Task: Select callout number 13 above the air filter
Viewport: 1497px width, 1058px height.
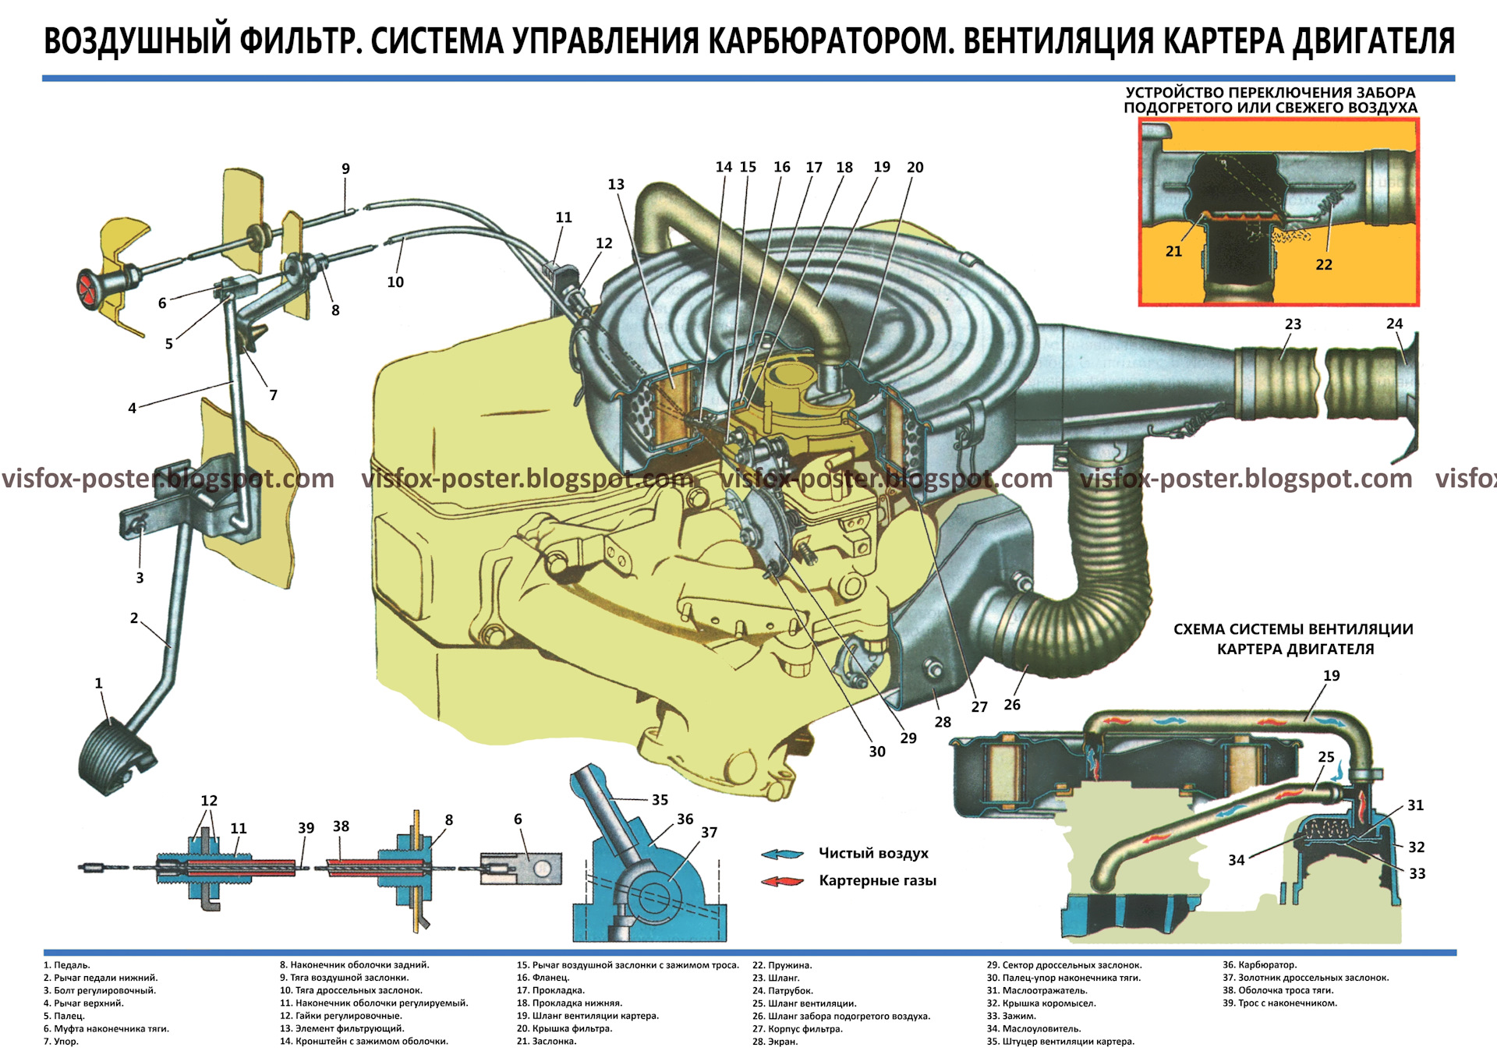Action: click(x=616, y=185)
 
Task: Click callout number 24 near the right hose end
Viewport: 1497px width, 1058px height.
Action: click(x=1394, y=324)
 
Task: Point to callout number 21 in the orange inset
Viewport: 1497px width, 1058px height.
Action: click(x=1173, y=251)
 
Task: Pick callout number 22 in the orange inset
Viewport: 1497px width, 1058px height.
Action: click(x=1324, y=264)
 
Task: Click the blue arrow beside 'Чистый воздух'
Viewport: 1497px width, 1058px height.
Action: click(x=782, y=854)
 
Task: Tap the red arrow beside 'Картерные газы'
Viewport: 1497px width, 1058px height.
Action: click(x=782, y=881)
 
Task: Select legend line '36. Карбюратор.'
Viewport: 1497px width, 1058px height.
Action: click(x=1259, y=965)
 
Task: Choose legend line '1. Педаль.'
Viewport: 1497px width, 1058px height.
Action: click(x=67, y=965)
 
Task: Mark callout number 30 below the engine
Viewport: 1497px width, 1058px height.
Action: click(x=877, y=752)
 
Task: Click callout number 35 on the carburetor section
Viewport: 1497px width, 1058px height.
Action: click(x=660, y=800)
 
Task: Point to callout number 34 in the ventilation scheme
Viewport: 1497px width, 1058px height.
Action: click(x=1237, y=860)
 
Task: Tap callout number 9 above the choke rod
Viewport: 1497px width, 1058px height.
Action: click(x=345, y=168)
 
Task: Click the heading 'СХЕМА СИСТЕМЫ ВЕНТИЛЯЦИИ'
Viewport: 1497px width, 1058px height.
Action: click(x=1293, y=629)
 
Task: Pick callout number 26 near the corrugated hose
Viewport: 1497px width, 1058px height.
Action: click(x=1012, y=705)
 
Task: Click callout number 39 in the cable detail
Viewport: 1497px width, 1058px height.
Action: click(x=306, y=828)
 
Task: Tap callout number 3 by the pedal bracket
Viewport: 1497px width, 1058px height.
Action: click(x=140, y=578)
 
